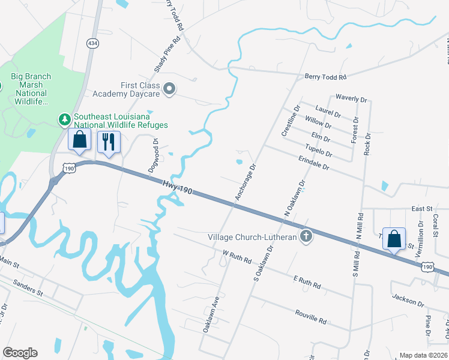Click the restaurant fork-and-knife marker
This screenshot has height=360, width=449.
tap(109, 142)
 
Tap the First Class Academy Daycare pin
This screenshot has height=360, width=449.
tap(169, 90)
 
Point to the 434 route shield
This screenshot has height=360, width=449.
tap(92, 43)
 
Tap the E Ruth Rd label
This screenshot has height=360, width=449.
tap(307, 282)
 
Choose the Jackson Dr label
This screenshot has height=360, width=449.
tap(408, 298)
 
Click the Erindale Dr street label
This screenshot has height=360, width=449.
tap(314, 163)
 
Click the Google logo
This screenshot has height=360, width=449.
tap(20, 353)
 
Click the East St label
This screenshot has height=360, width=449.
tap(422, 208)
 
